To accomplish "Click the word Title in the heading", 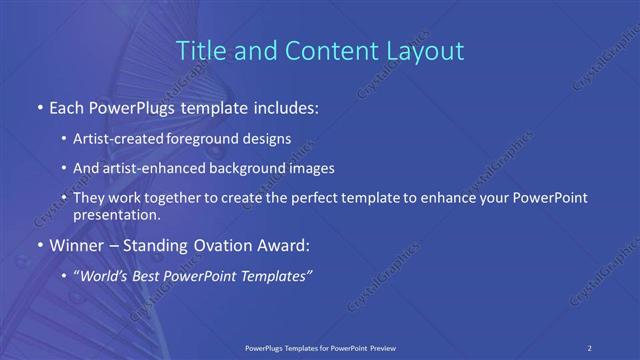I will pyautogui.click(x=198, y=50).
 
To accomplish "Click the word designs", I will pyautogui.click(x=267, y=140).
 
